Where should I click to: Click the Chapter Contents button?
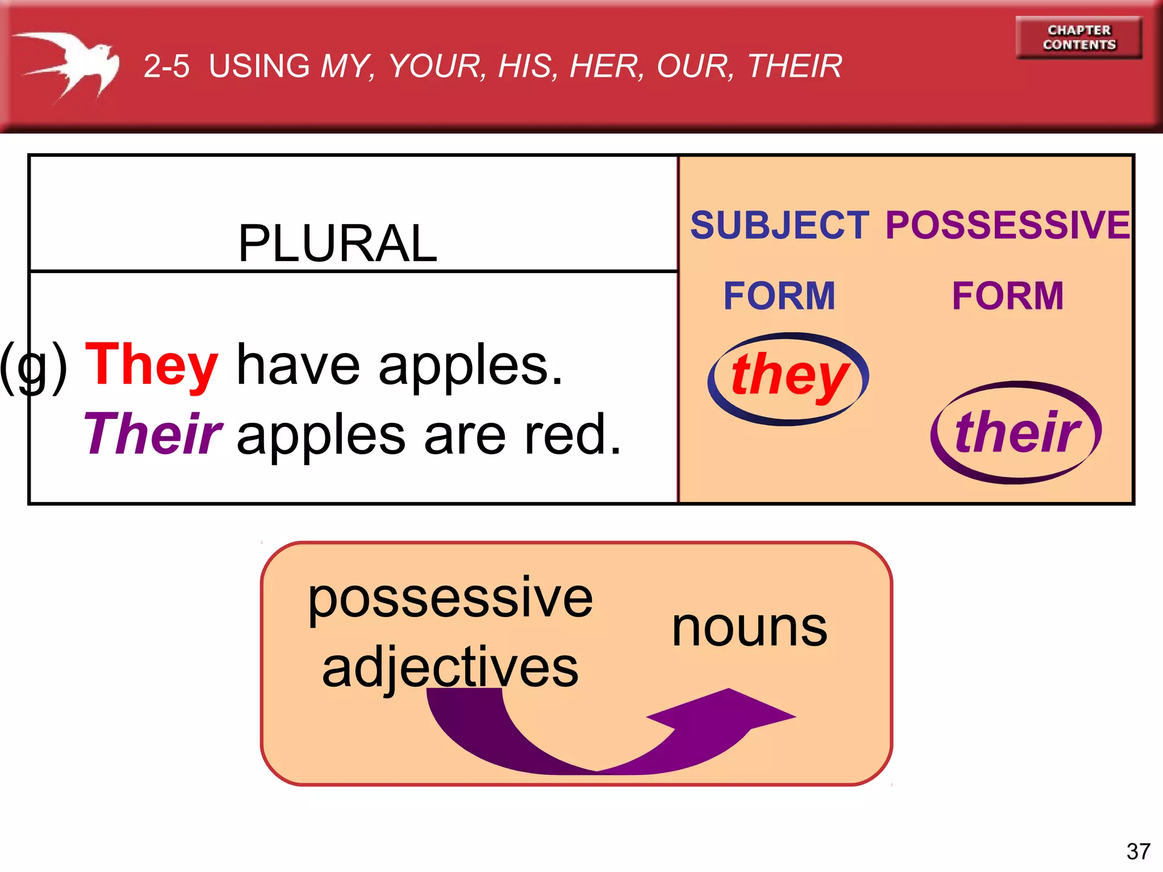coord(1078,37)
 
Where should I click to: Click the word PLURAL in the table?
coord(337,244)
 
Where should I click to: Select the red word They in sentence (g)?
coord(152,365)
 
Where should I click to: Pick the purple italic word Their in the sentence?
coord(153,434)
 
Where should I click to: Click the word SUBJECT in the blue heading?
coord(779,225)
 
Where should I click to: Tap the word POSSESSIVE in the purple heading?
coord(1007,225)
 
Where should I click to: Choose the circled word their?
coord(1016,433)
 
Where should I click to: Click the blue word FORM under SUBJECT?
coord(779,296)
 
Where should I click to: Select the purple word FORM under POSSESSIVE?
coord(1007,296)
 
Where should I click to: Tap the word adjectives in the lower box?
coord(450,668)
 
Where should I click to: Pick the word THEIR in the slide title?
coord(794,66)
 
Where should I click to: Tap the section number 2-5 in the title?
coord(166,66)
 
